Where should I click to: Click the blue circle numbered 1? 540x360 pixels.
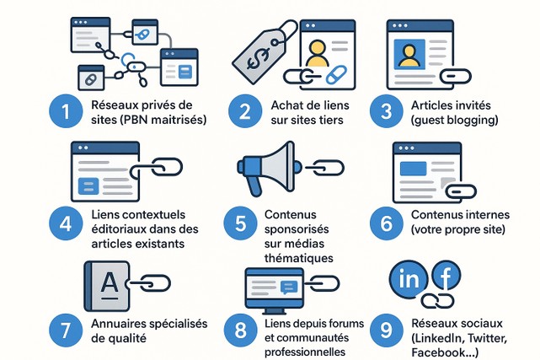(x=64, y=113)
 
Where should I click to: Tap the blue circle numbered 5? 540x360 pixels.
(x=240, y=223)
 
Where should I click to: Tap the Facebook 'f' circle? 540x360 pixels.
(x=448, y=275)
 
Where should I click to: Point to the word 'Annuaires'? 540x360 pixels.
(x=120, y=323)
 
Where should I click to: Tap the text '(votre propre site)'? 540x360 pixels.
(x=458, y=229)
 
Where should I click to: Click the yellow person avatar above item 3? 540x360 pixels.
(x=410, y=55)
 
